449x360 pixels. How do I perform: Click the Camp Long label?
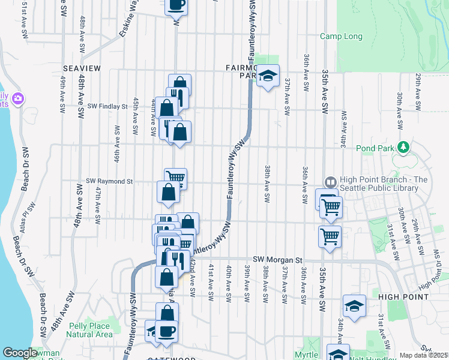tap(341, 37)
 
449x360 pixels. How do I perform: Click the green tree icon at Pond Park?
tap(405, 146)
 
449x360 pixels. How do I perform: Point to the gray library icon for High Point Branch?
tap(331, 182)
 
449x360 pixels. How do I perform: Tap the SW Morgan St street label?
tap(276, 259)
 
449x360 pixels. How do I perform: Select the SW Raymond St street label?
tap(109, 181)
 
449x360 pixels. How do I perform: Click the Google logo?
tap(20, 353)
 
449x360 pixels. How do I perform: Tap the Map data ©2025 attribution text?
tap(423, 355)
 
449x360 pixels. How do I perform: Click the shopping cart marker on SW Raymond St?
tap(175, 178)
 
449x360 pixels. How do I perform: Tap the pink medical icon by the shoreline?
tap(19, 98)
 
